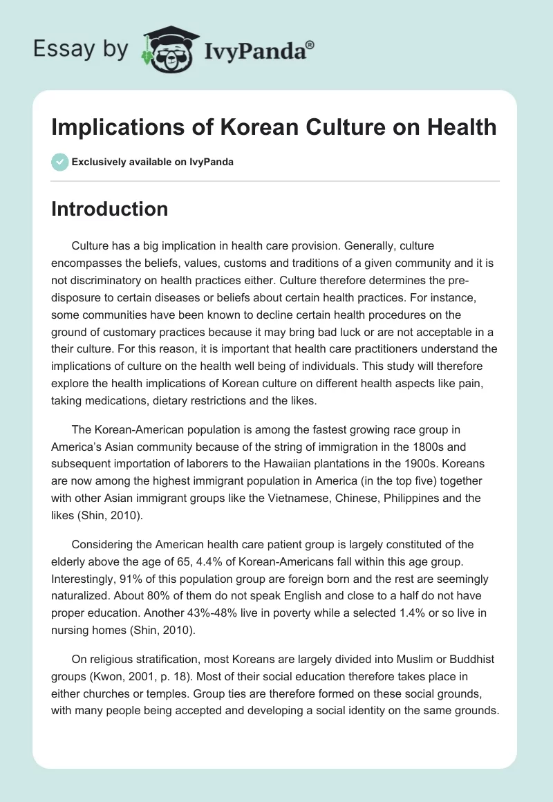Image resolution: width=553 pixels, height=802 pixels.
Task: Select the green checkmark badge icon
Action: (59, 162)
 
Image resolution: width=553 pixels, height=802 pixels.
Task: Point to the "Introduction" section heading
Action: (109, 209)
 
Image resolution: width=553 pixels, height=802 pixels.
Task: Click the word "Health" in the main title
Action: (462, 127)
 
